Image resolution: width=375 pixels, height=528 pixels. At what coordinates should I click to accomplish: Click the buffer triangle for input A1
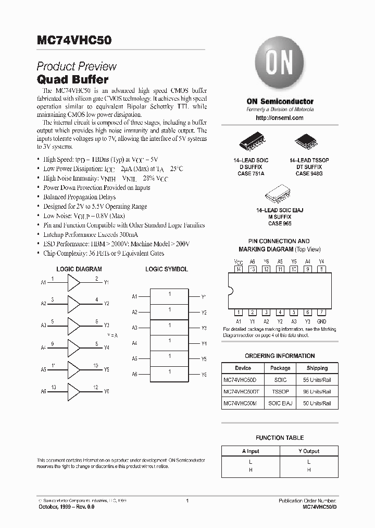click(74, 283)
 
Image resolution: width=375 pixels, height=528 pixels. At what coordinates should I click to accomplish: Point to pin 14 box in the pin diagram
click(239, 269)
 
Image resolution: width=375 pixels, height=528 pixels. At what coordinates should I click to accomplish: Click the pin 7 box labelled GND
click(322, 312)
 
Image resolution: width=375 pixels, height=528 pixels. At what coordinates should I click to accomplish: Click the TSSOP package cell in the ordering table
click(280, 391)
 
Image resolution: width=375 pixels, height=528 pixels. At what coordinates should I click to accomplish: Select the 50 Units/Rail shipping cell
click(317, 403)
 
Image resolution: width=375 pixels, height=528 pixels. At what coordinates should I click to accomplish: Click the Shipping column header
click(317, 368)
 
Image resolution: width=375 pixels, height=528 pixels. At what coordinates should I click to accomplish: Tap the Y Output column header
click(309, 451)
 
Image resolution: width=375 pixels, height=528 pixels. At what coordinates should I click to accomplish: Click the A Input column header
click(251, 451)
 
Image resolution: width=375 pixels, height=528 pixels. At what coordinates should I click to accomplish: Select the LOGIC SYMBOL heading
click(167, 269)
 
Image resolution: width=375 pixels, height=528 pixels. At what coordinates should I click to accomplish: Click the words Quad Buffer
click(72, 80)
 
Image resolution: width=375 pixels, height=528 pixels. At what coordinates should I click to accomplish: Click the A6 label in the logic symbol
click(134, 375)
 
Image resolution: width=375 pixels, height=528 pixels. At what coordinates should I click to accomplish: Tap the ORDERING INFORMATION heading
click(280, 356)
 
